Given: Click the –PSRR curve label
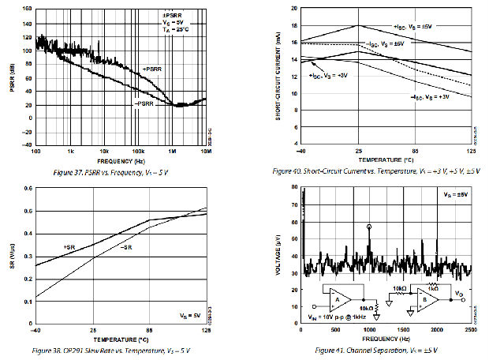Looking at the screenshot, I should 144,103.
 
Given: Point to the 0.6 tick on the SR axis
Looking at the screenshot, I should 27,189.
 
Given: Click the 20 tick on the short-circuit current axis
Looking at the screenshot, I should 293,8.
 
